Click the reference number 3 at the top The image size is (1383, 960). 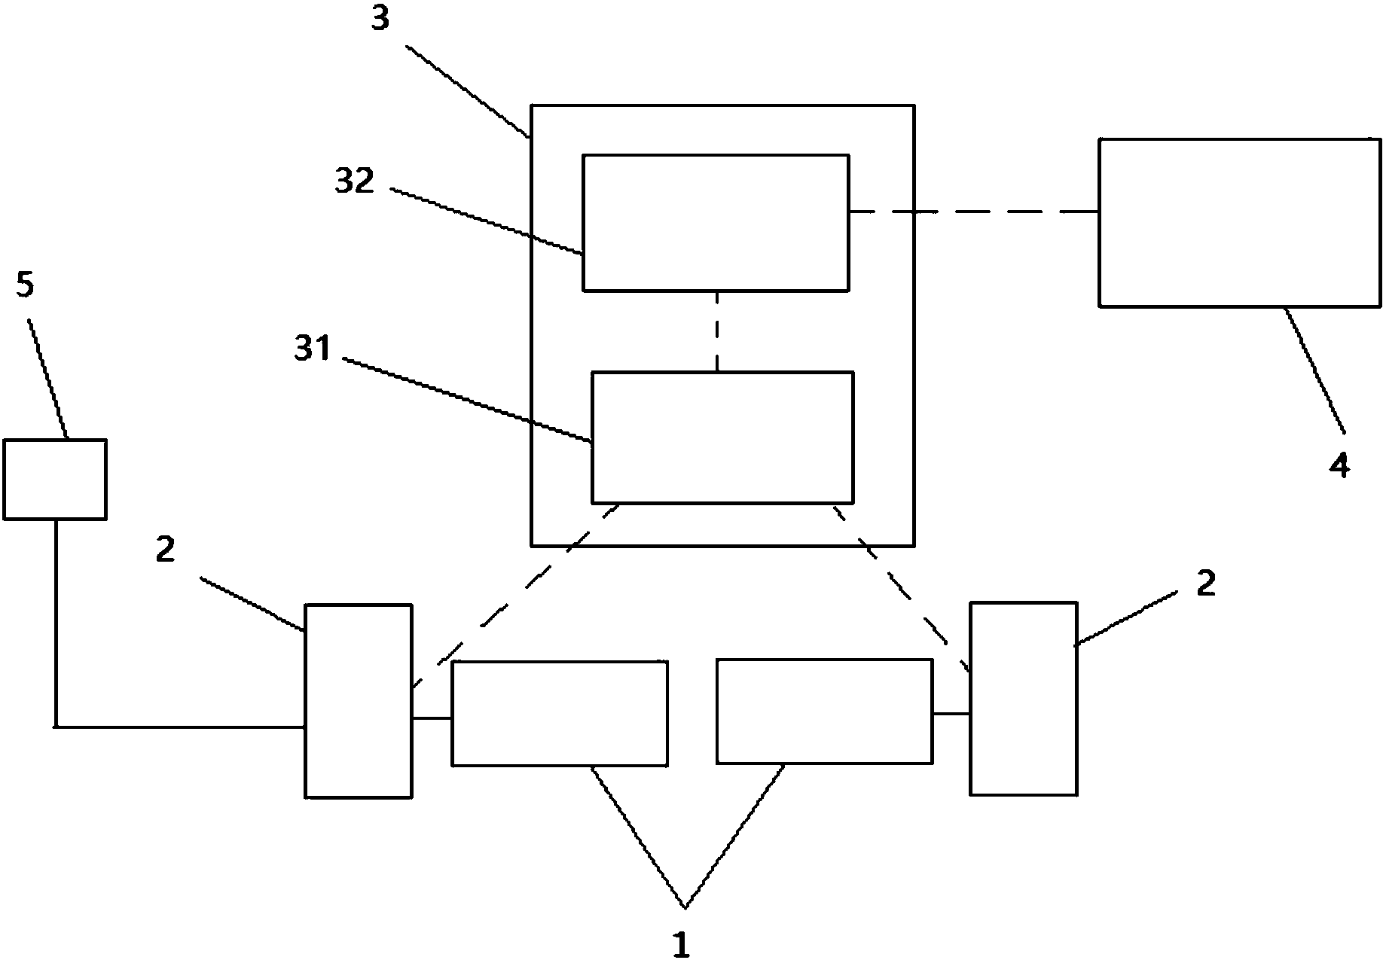coord(380,19)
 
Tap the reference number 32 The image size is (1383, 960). coord(355,181)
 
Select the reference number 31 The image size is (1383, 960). coord(313,349)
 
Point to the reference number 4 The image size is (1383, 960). coord(1339,466)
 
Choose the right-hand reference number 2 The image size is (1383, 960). coord(1206,584)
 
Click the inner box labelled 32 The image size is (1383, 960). coord(716,223)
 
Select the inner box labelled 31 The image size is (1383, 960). coord(722,437)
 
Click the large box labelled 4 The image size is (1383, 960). coord(1240,222)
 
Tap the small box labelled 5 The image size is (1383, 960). coord(55,480)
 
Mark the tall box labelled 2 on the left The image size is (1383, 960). coord(359,701)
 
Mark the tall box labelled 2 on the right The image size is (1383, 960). coord(1023,699)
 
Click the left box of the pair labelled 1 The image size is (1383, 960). coord(560,714)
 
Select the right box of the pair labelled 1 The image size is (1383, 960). coord(825,712)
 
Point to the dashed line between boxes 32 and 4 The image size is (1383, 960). coord(974,212)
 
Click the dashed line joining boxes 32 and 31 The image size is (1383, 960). coord(717,331)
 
